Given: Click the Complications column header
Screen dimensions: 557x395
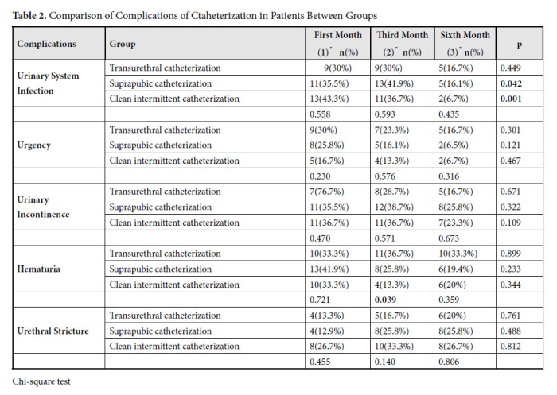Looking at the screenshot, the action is click(x=46, y=44).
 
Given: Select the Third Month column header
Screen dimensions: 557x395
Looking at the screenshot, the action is click(x=402, y=44).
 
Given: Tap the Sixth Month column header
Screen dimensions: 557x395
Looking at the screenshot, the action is click(x=465, y=44).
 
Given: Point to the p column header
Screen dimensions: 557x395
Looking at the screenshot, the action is click(x=520, y=45).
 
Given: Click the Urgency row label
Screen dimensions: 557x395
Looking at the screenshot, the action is click(x=33, y=145).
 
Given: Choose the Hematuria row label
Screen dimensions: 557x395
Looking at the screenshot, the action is click(x=39, y=269).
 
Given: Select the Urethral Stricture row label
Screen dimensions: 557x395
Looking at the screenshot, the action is click(x=53, y=331).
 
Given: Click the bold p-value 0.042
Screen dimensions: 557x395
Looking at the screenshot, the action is click(x=511, y=83).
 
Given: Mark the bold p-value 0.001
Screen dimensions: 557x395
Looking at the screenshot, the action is click(x=511, y=99).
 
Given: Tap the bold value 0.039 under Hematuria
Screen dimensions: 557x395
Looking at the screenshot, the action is click(x=385, y=300).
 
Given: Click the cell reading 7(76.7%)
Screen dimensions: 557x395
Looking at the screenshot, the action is click(x=327, y=192).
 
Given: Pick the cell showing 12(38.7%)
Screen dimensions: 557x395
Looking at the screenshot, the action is click(x=394, y=207).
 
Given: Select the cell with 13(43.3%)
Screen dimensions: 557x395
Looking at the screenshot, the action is click(x=329, y=99).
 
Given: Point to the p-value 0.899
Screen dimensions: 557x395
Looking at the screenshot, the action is click(x=511, y=254).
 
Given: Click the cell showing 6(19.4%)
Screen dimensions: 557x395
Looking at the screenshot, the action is click(x=456, y=269).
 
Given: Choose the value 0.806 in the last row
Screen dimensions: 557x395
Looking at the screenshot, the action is click(x=449, y=362).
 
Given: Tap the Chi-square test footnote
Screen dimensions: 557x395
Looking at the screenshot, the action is click(x=41, y=381).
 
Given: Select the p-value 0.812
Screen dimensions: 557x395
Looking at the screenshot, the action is click(x=511, y=347).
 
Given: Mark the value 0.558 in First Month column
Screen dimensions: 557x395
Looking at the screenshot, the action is click(x=320, y=114).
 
